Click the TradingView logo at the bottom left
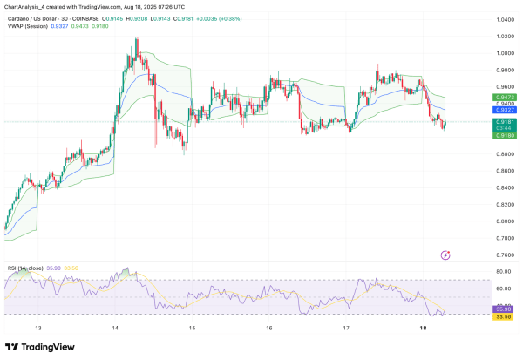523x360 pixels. click(x=41, y=346)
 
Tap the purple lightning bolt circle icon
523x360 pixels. click(x=446, y=255)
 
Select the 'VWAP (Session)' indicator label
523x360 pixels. click(x=25, y=27)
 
